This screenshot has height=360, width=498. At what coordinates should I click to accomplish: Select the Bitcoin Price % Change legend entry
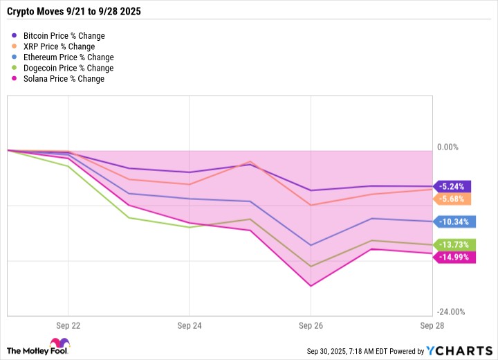point(64,35)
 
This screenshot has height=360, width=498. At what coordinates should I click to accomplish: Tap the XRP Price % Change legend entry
point(57,46)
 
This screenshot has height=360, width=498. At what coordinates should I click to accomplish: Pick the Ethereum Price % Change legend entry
point(68,57)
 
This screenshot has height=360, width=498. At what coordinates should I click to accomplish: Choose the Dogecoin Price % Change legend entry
point(68,69)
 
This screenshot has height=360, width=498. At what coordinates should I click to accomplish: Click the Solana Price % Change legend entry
point(63,80)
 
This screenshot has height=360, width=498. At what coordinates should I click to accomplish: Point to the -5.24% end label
point(454,186)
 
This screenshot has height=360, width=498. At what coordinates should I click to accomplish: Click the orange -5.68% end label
point(454,199)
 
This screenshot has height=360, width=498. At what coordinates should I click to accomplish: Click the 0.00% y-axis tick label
point(448,147)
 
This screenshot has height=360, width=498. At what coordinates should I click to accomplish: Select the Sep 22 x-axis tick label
point(68,325)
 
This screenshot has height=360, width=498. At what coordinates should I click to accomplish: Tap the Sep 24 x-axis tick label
point(189,325)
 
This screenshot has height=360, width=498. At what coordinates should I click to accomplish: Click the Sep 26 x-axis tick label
point(311,325)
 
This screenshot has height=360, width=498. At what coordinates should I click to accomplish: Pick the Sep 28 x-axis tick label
point(432,325)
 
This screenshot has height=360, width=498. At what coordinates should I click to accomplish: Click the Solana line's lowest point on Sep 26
point(311,286)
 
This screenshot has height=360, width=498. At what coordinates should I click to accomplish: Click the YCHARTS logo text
point(457,350)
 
